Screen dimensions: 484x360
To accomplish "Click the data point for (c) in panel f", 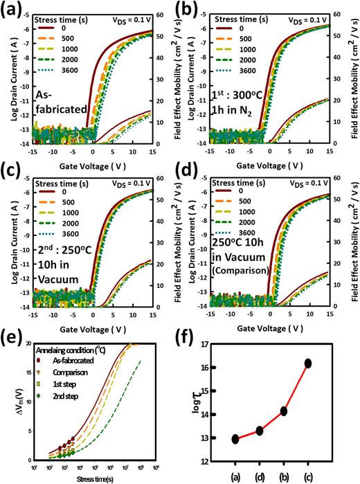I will pos(327,364).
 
